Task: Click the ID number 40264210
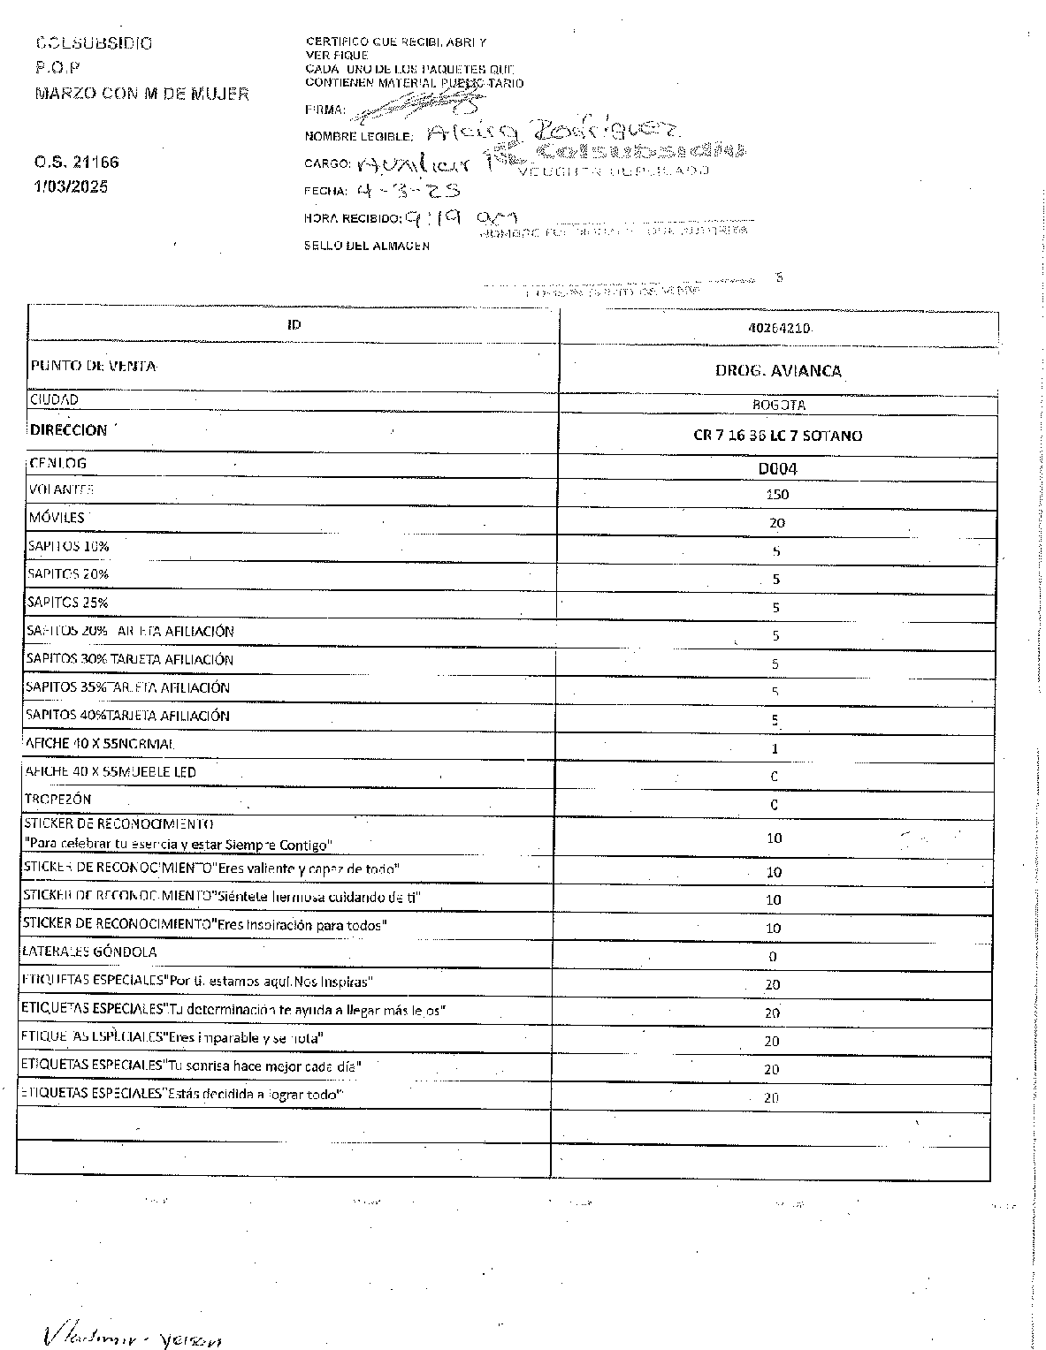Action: (778, 328)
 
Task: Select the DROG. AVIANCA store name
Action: (778, 371)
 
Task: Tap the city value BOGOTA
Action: (778, 406)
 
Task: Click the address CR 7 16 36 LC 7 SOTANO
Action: (777, 436)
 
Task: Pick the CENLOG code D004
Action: (777, 468)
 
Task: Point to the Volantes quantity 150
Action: (777, 495)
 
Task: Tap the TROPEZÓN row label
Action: (58, 799)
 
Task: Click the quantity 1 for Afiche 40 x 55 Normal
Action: (775, 749)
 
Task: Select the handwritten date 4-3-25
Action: (408, 190)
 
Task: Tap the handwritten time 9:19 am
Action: (460, 217)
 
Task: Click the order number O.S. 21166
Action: (77, 163)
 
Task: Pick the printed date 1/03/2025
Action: (72, 187)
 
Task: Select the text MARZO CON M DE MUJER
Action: (142, 94)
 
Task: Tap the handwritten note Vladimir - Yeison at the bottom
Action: (133, 1337)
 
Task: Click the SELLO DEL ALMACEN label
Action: (367, 246)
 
